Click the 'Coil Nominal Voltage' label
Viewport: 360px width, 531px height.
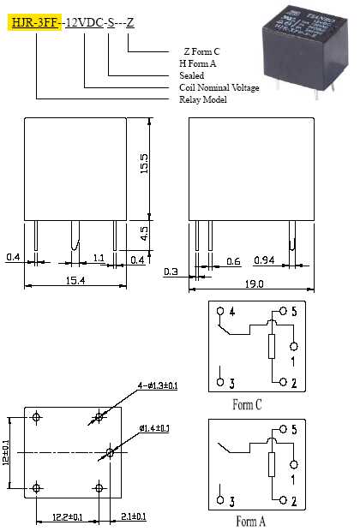[219, 87]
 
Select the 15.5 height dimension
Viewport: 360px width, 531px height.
[144, 162]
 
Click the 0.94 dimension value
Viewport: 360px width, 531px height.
[265, 260]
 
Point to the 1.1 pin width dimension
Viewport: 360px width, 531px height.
[99, 257]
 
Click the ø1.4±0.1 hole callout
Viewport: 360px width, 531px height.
[153, 427]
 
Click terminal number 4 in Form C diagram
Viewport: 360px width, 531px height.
[231, 312]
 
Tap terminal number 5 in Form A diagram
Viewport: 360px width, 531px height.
[293, 427]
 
